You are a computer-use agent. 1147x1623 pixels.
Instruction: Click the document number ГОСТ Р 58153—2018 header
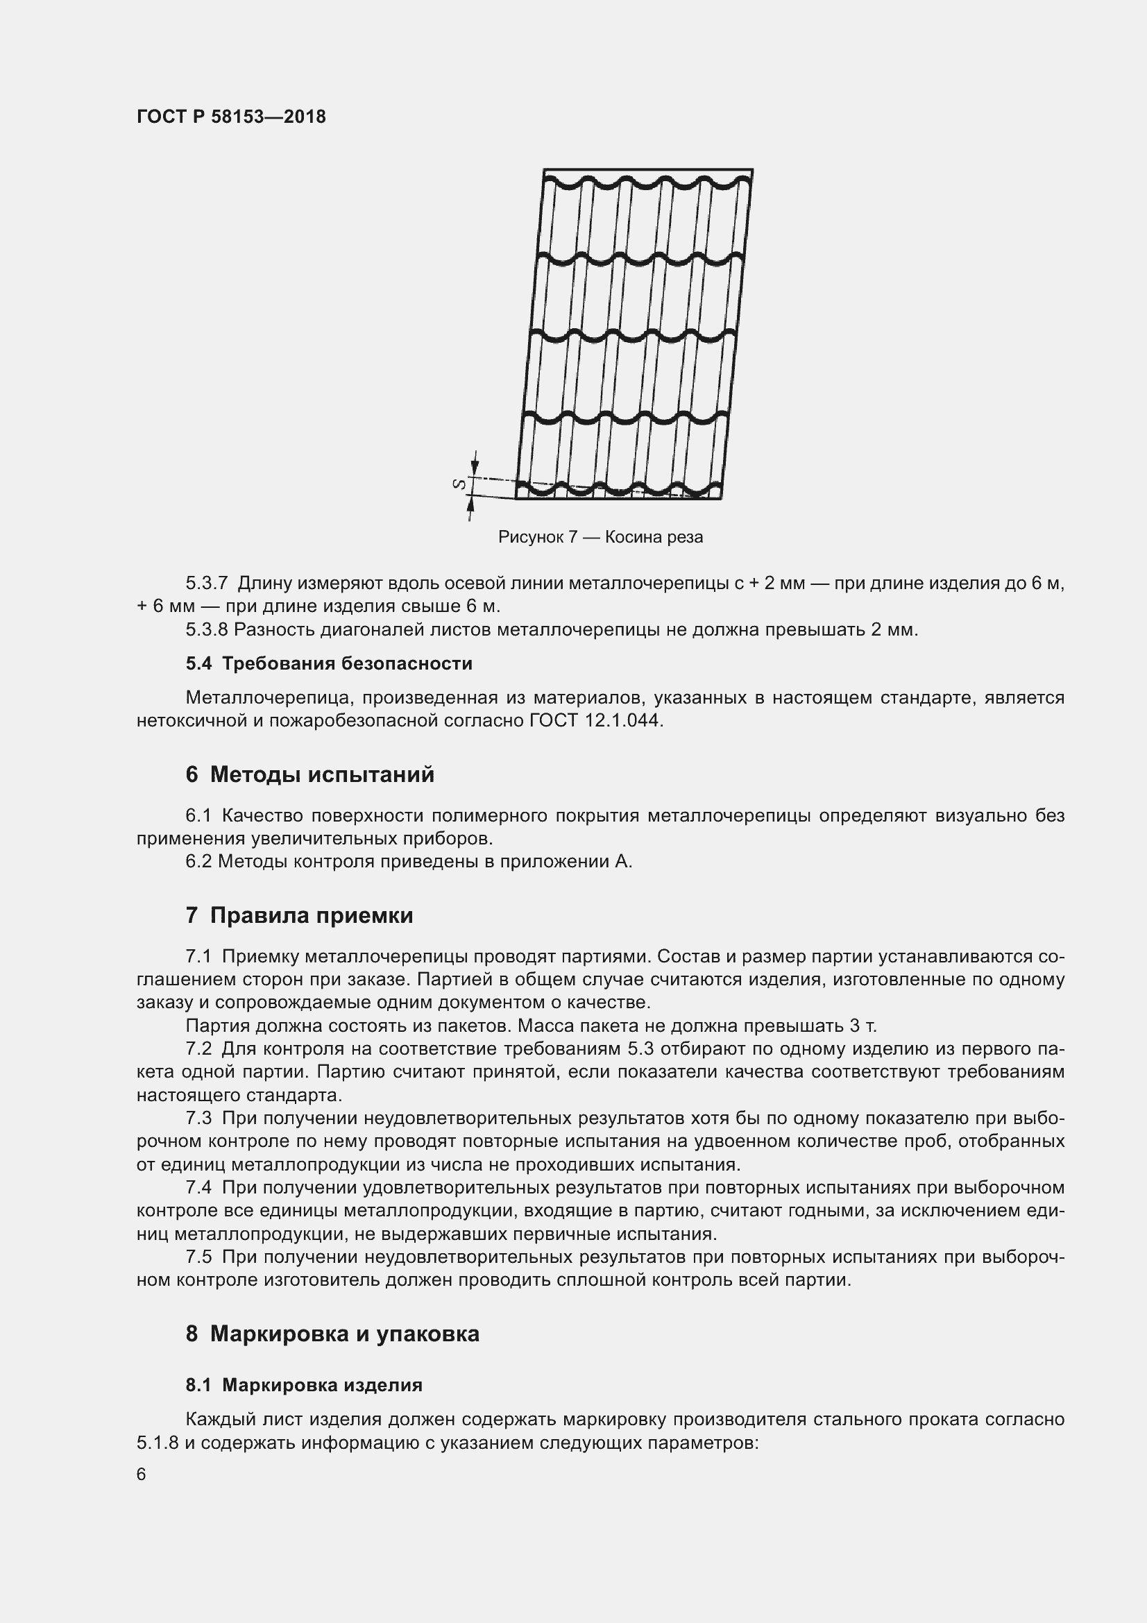click(x=231, y=117)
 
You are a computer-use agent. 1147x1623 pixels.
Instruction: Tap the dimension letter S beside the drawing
click(x=459, y=484)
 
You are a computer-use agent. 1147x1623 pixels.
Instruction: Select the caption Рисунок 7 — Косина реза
click(x=600, y=537)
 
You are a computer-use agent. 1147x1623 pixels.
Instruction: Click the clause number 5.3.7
click(x=206, y=584)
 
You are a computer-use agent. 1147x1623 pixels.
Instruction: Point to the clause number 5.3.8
click(x=206, y=630)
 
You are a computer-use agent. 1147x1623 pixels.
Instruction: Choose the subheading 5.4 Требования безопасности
click(x=329, y=664)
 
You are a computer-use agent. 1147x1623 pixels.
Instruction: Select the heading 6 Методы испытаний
click(x=309, y=775)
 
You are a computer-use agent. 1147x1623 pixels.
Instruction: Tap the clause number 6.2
click(x=198, y=862)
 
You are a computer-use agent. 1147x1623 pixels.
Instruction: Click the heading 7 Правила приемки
click(x=299, y=915)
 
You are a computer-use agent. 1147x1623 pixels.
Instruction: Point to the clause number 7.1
click(x=198, y=956)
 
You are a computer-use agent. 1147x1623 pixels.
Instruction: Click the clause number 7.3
click(x=198, y=1119)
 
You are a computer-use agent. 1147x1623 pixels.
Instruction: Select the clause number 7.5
click(x=198, y=1257)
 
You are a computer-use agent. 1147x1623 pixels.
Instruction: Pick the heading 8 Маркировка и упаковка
click(x=332, y=1334)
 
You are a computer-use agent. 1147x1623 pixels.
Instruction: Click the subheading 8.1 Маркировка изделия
click(x=304, y=1386)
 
